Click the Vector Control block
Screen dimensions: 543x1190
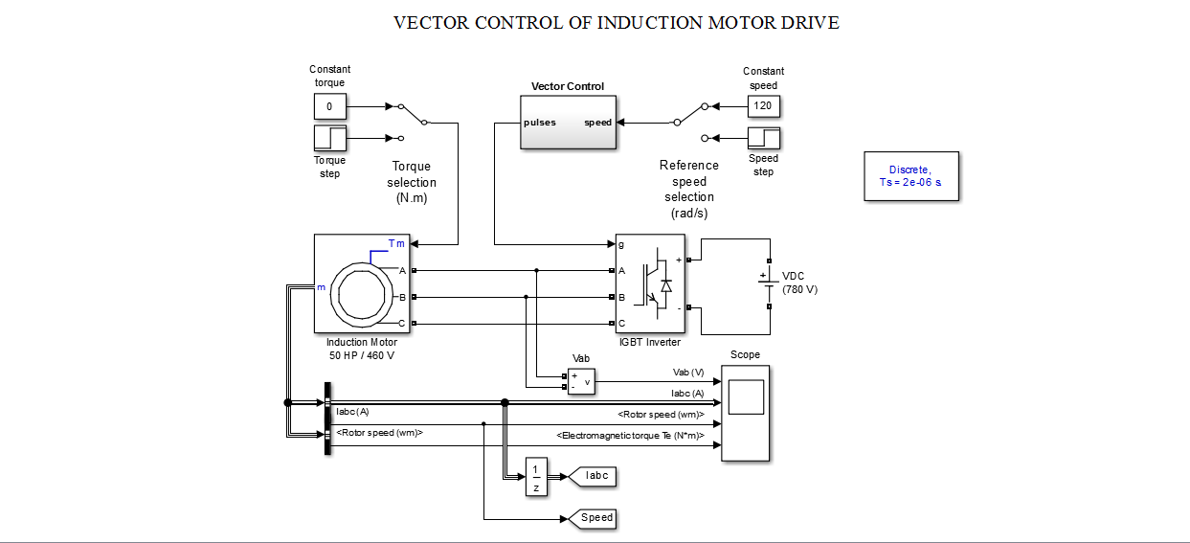568,123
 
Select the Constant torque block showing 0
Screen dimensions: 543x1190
329,106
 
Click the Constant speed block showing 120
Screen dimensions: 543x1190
763,106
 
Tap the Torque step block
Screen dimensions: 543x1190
329,138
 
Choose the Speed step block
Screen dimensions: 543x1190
763,138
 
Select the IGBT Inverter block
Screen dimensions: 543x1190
650,283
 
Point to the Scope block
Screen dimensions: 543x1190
745,413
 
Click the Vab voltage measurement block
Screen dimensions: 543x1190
581,380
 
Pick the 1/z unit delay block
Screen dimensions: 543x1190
535,476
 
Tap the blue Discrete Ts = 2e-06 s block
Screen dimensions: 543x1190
910,176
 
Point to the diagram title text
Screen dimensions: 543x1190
616,23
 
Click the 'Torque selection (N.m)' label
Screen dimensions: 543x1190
412,182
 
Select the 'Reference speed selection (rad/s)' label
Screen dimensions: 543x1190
689,189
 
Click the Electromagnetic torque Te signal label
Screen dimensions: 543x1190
630,436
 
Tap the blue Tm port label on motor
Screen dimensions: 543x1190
396,243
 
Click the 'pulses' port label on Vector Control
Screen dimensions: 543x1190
540,123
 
